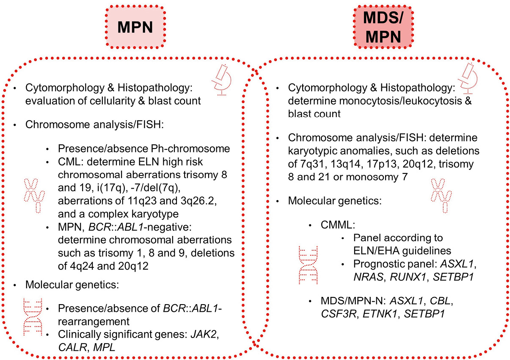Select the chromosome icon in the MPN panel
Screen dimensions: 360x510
[33, 195]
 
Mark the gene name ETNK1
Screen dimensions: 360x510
[387, 314]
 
